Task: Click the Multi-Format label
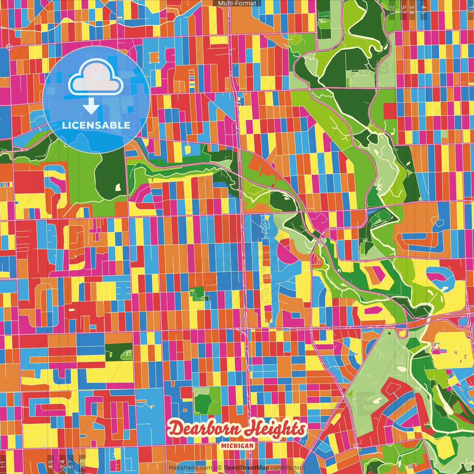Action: point(237,3)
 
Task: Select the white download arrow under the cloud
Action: point(91,108)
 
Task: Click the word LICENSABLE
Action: point(96,125)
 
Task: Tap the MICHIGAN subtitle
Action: point(238,446)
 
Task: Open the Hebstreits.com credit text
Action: point(190,468)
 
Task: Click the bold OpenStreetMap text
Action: point(246,468)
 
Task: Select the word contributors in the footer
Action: point(287,468)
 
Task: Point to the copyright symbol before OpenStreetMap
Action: point(220,468)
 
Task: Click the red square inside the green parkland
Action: point(389,111)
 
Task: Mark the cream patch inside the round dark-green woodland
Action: point(118,187)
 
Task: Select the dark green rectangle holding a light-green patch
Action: point(118,352)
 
